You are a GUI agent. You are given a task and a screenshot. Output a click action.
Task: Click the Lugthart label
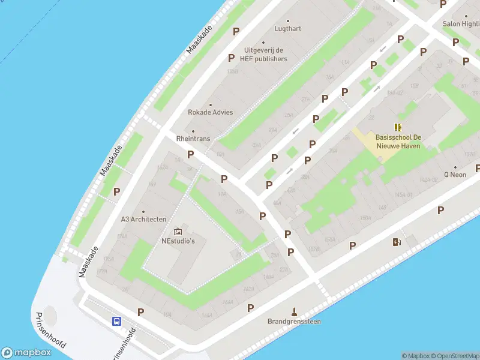point(287,28)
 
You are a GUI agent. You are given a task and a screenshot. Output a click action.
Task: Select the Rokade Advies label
point(210,112)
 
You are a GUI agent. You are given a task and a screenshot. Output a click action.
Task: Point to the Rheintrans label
point(193,139)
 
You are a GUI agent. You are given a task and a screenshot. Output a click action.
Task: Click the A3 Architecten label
point(143,219)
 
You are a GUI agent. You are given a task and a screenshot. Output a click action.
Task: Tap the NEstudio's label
point(178,241)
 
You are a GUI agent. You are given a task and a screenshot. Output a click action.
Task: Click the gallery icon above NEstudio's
point(178,231)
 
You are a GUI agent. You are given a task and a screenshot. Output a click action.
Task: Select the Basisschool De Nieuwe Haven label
point(398,141)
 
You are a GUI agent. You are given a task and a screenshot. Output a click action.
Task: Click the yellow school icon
point(398,127)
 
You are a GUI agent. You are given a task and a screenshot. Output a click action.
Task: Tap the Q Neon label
point(455,175)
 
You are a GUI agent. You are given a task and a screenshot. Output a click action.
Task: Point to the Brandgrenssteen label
point(294,322)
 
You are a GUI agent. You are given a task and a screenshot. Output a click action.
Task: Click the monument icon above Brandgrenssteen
point(294,311)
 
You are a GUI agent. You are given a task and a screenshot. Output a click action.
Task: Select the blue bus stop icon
point(116,321)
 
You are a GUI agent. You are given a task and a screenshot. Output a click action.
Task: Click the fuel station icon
point(396,242)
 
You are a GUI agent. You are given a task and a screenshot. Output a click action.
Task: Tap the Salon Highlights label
point(461,24)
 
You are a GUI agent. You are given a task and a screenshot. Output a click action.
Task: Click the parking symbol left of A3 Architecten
point(117,192)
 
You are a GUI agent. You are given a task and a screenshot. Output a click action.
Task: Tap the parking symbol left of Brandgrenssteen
point(251,308)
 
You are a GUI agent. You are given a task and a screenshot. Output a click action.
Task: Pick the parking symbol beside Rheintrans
point(191,154)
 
